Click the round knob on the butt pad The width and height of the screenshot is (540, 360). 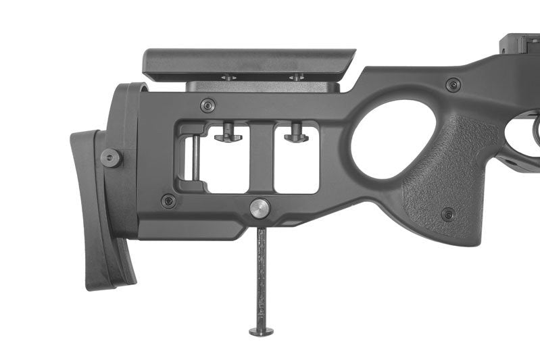pos(111,158)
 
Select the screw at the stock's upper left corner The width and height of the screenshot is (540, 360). pos(208,105)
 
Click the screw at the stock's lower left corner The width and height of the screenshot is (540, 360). pos(168,201)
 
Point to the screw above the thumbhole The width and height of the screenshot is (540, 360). pos(453,85)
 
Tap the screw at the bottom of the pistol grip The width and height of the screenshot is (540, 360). pos(447,215)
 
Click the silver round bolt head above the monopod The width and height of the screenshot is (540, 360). pos(260,208)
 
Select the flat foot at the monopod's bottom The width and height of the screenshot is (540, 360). pos(262,331)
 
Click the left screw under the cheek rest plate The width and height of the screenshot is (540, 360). pos(228,78)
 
